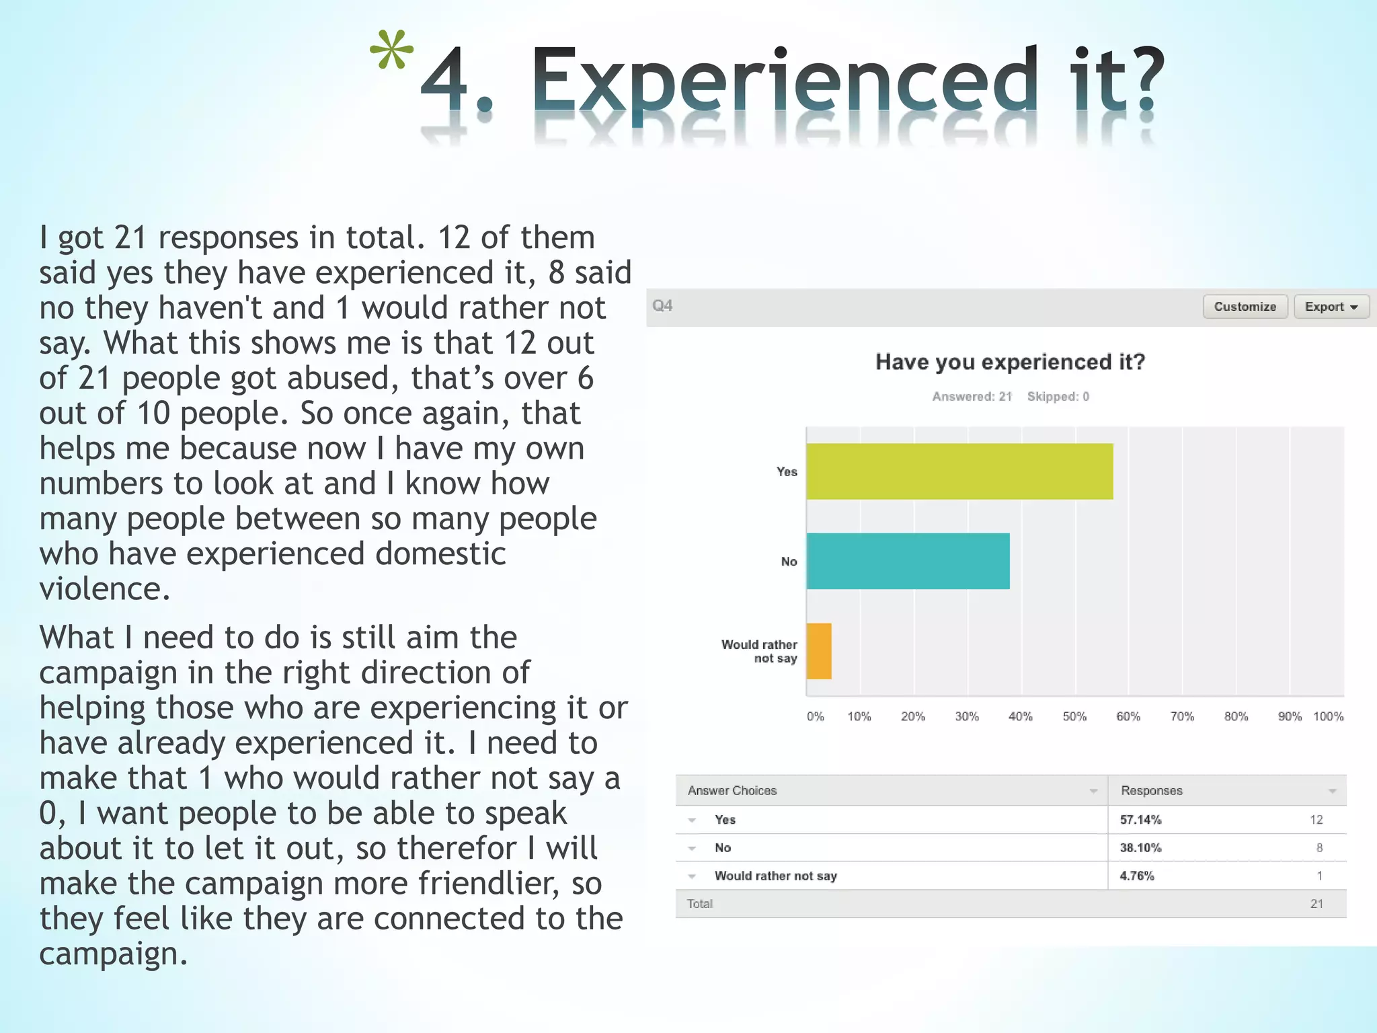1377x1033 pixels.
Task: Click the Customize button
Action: pos(1245,307)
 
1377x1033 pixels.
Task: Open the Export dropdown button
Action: pos(1331,307)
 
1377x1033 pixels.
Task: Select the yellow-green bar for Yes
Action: pos(959,471)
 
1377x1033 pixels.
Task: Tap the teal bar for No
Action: pos(908,561)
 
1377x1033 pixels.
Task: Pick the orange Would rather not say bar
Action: pos(819,651)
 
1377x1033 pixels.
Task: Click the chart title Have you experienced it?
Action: pos(1010,362)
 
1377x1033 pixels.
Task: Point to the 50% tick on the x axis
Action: pos(1074,716)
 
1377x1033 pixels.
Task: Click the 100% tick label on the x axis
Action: pos(1328,716)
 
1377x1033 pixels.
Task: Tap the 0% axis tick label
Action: pos(815,716)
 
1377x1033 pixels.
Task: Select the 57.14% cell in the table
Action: pos(1140,820)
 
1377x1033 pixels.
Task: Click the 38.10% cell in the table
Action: pos(1140,848)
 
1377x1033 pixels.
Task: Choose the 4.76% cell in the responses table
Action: pos(1137,876)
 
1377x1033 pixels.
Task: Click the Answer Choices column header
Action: pos(732,791)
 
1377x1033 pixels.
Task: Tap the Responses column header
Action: pos(1151,791)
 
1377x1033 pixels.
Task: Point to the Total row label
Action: pos(699,904)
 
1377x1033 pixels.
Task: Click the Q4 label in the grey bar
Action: pos(662,306)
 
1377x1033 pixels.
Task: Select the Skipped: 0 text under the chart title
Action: pos(1058,397)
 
